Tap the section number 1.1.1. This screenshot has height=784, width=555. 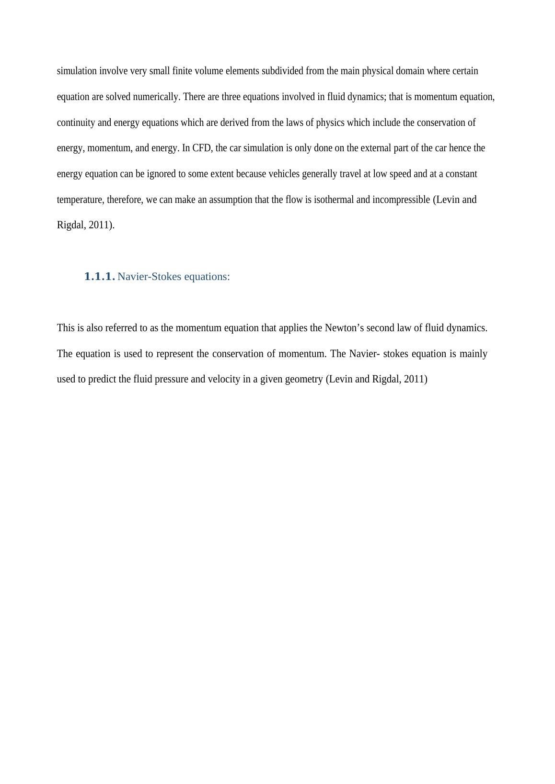coord(99,277)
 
